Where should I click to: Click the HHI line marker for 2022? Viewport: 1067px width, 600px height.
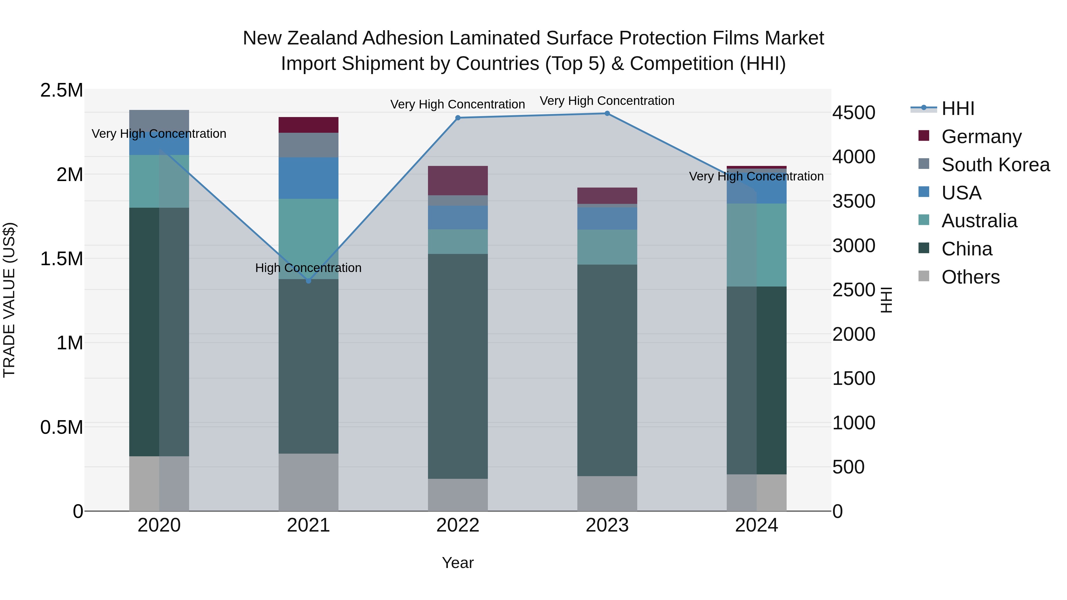458,118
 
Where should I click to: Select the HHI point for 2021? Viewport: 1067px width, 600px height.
308,281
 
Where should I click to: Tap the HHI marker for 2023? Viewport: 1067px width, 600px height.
607,113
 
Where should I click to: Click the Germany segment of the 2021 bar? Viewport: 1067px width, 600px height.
308,125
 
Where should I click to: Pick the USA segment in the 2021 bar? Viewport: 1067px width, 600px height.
308,178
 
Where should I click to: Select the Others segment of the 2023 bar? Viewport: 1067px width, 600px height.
607,494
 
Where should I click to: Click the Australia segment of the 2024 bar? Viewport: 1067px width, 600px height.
757,245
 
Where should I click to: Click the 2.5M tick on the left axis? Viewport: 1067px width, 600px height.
62,90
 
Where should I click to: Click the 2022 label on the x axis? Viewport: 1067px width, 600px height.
458,525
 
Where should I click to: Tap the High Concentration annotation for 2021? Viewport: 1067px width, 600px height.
308,268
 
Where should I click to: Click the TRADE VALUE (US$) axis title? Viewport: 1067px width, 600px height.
9,300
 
